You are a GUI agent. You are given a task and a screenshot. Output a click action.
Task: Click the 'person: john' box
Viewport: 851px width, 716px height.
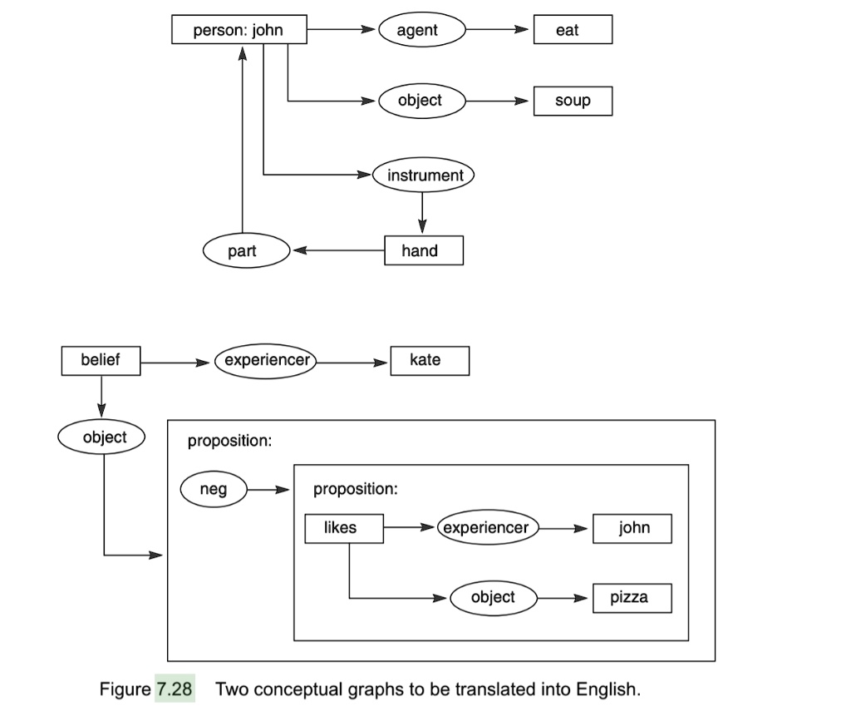pyautogui.click(x=239, y=31)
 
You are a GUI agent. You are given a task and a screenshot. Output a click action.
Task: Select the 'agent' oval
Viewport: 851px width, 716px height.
pyautogui.click(x=421, y=31)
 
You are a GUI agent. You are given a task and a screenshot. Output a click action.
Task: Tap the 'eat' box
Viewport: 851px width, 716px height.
pyautogui.click(x=573, y=31)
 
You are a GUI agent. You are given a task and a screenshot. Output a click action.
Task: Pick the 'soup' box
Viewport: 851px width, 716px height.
pyautogui.click(x=573, y=101)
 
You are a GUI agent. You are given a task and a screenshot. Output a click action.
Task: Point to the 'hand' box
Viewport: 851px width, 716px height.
pyautogui.click(x=423, y=250)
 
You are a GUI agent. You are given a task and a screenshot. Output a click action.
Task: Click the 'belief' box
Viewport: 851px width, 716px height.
pyautogui.click(x=101, y=360)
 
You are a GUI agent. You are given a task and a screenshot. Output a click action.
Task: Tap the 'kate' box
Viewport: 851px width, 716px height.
pyautogui.click(x=429, y=360)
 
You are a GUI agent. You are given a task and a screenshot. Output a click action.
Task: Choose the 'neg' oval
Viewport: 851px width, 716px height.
pyautogui.click(x=214, y=490)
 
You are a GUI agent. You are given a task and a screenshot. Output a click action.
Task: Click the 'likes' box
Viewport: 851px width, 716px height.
pyautogui.click(x=343, y=528)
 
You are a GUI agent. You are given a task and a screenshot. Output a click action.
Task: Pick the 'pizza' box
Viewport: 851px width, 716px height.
pyautogui.click(x=632, y=597)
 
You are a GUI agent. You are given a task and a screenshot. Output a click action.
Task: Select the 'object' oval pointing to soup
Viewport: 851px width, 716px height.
pyautogui.click(x=421, y=101)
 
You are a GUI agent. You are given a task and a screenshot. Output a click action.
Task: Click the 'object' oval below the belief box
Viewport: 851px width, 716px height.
pyautogui.click(x=102, y=437)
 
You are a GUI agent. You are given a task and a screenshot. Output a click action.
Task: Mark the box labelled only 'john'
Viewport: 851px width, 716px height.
pyautogui.click(x=632, y=528)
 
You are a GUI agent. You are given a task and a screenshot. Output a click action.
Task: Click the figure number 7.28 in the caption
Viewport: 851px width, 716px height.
pyautogui.click(x=175, y=689)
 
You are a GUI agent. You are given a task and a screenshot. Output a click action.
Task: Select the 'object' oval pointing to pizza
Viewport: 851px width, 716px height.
pyautogui.click(x=493, y=597)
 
